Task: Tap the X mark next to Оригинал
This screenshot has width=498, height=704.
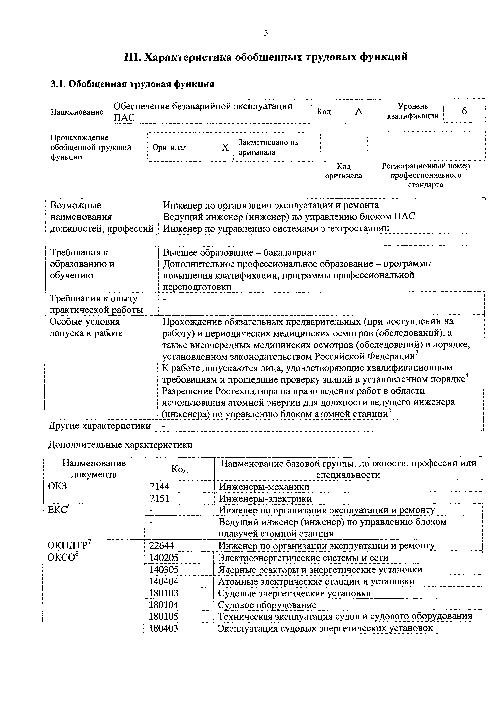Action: click(x=225, y=148)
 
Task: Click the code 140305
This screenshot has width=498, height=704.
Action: click(x=164, y=569)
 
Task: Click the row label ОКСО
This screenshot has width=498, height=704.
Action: click(x=61, y=558)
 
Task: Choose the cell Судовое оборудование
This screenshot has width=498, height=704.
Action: click(x=267, y=605)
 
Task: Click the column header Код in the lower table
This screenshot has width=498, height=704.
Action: click(x=180, y=469)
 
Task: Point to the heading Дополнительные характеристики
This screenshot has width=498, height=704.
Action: click(x=120, y=445)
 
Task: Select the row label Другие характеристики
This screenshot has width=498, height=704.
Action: click(x=100, y=426)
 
